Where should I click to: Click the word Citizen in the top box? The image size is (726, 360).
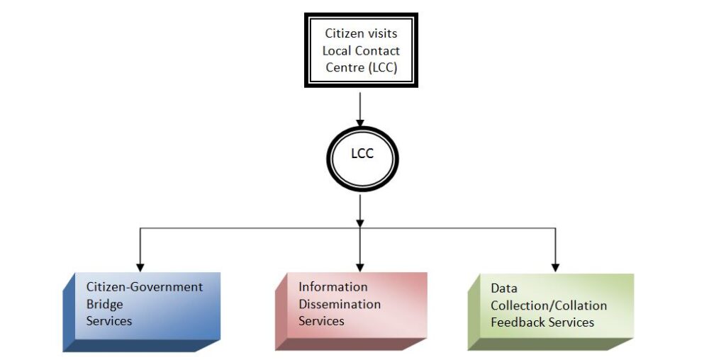pyautogui.click(x=342, y=33)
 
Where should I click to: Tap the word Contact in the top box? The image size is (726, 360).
pyautogui.click(x=377, y=50)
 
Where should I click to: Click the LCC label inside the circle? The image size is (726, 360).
pyautogui.click(x=362, y=153)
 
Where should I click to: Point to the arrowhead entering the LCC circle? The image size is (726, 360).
pyautogui.click(x=360, y=123)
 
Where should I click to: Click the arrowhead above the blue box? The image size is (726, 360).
pyautogui.click(x=140, y=266)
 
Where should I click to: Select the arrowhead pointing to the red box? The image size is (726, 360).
pyautogui.click(x=360, y=266)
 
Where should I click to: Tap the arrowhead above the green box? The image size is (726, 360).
pyautogui.click(x=554, y=266)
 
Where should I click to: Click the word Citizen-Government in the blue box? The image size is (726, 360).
pyautogui.click(x=145, y=287)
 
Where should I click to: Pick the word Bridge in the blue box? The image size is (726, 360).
pyautogui.click(x=105, y=304)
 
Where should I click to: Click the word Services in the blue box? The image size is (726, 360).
pyautogui.click(x=109, y=321)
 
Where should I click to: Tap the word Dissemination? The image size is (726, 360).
pyautogui.click(x=340, y=304)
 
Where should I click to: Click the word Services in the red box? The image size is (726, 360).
pyautogui.click(x=321, y=321)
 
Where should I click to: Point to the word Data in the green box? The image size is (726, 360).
pyautogui.click(x=504, y=288)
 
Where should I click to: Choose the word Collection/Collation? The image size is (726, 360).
pyautogui.click(x=549, y=305)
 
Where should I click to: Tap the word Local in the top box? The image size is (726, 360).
pyautogui.click(x=337, y=50)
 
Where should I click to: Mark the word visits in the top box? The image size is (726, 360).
pyautogui.click(x=382, y=33)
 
